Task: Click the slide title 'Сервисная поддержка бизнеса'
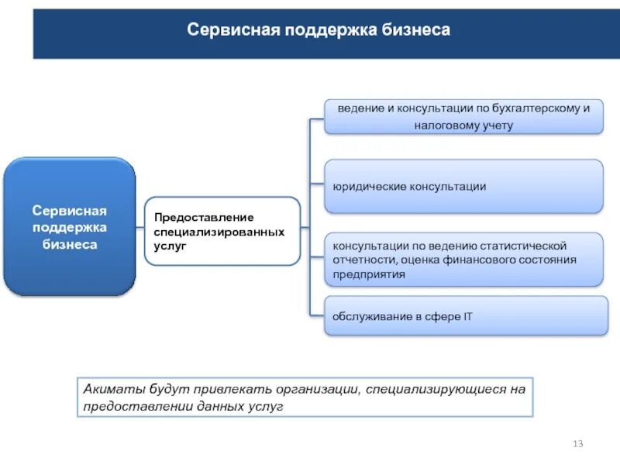click(319, 30)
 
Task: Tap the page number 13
click(577, 443)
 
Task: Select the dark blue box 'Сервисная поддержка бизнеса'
click(69, 227)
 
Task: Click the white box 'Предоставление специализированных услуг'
click(222, 231)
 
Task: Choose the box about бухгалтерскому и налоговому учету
click(463, 115)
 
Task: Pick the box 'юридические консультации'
click(463, 187)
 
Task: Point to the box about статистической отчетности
click(463, 259)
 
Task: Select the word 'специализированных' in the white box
click(219, 232)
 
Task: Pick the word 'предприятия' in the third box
click(369, 274)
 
